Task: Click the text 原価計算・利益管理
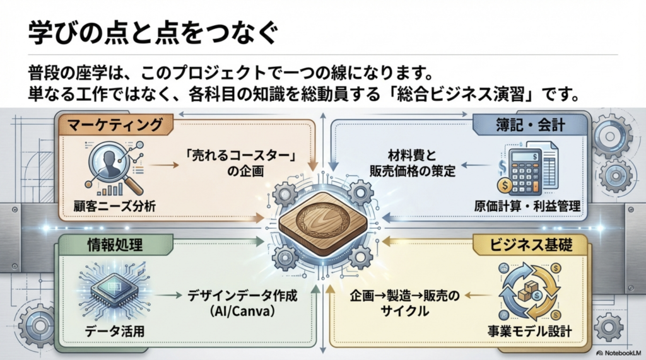click(527, 206)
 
